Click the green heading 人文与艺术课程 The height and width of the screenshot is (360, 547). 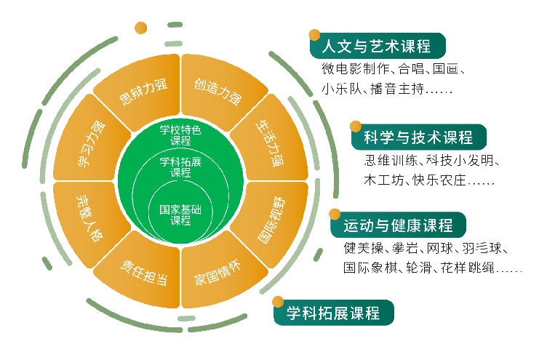375,47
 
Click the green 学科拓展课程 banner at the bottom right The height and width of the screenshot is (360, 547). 334,313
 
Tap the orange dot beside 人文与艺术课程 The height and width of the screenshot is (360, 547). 314,35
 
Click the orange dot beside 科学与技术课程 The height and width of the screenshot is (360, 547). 356,126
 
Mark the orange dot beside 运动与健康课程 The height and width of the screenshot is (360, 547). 335,215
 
